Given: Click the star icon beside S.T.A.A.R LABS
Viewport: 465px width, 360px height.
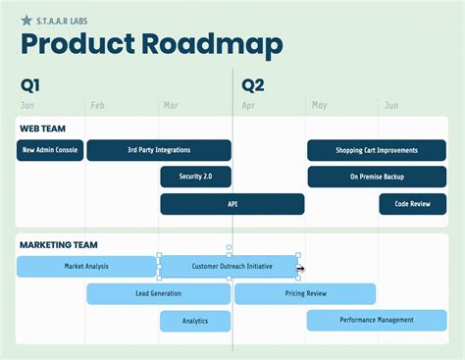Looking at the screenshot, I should click(x=26, y=19).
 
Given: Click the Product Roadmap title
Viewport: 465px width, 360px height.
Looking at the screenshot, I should click(x=152, y=45).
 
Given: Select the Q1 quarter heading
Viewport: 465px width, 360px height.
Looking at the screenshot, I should click(x=30, y=85).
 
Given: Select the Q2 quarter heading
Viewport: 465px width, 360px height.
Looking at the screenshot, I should click(x=253, y=85).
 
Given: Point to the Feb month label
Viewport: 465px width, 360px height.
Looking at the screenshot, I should click(x=98, y=105).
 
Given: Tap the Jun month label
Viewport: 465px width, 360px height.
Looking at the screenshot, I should click(x=390, y=105).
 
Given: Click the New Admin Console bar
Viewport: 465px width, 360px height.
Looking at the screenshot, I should click(x=50, y=150).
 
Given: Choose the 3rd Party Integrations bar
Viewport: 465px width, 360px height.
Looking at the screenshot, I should click(x=159, y=150).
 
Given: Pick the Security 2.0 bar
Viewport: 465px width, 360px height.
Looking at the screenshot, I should click(x=195, y=177).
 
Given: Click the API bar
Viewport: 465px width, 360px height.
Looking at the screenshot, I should click(x=232, y=204).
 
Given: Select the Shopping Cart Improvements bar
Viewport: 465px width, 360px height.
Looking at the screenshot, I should click(x=377, y=150).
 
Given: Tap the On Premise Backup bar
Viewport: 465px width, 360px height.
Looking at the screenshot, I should click(x=377, y=177).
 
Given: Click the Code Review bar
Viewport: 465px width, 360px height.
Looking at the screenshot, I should click(x=412, y=204).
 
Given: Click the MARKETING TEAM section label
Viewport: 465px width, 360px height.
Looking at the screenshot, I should click(x=58, y=244).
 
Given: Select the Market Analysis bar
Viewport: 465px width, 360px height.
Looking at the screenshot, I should click(x=86, y=266).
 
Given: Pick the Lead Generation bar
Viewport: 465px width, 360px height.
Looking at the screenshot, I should click(x=159, y=293).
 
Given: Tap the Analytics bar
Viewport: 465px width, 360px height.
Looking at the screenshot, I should click(x=195, y=321).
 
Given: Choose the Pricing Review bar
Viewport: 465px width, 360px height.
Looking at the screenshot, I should click(x=305, y=293).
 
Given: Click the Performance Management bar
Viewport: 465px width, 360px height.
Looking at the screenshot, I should click(x=377, y=320).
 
